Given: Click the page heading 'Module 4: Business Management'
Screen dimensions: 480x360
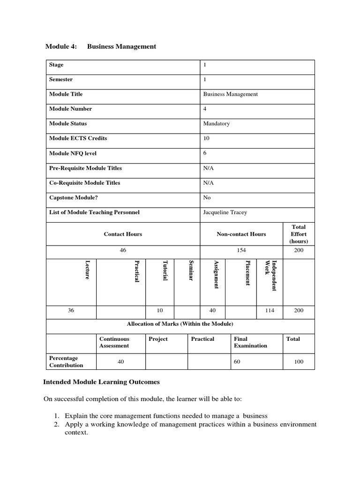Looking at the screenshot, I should click(100, 46).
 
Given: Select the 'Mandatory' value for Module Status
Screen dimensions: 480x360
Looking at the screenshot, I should click(216, 124).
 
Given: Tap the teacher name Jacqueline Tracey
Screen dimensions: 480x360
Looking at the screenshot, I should click(225, 212).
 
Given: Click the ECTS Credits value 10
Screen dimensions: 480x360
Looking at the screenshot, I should click(206, 139).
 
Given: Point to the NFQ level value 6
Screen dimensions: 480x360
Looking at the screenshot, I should click(205, 153).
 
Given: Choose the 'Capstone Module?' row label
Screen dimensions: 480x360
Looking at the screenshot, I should click(73, 198).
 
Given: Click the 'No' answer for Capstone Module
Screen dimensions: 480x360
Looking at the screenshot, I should click(207, 198).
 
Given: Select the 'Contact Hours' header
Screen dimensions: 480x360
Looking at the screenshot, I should click(123, 234).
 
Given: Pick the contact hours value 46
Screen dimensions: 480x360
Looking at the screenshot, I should click(123, 250).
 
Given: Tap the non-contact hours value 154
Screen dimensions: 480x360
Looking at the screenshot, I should click(241, 250).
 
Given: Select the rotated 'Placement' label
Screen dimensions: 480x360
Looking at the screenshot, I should click(247, 273).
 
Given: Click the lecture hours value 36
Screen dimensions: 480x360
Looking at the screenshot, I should click(71, 310).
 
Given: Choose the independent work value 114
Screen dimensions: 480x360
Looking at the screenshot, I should click(270, 310).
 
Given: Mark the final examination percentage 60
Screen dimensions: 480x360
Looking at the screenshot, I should click(237, 361).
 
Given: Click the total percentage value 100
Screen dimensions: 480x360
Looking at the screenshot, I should click(299, 361).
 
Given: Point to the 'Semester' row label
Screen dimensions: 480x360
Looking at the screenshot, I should click(61, 80).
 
